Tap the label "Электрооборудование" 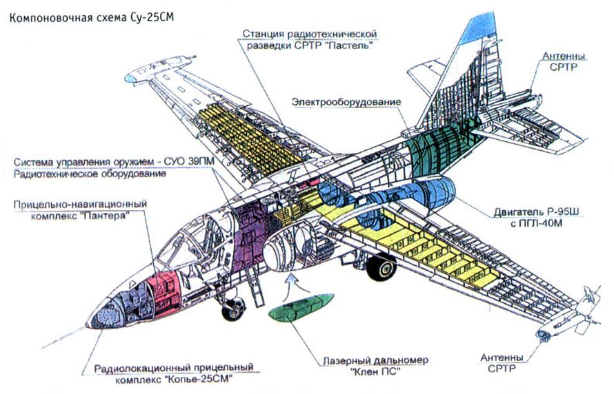pyautogui.click(x=346, y=103)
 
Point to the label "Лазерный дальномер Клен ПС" pyautogui.click(x=375, y=366)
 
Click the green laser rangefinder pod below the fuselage pyautogui.click(x=299, y=306)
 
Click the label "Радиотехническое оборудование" pyautogui.click(x=90, y=174)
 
